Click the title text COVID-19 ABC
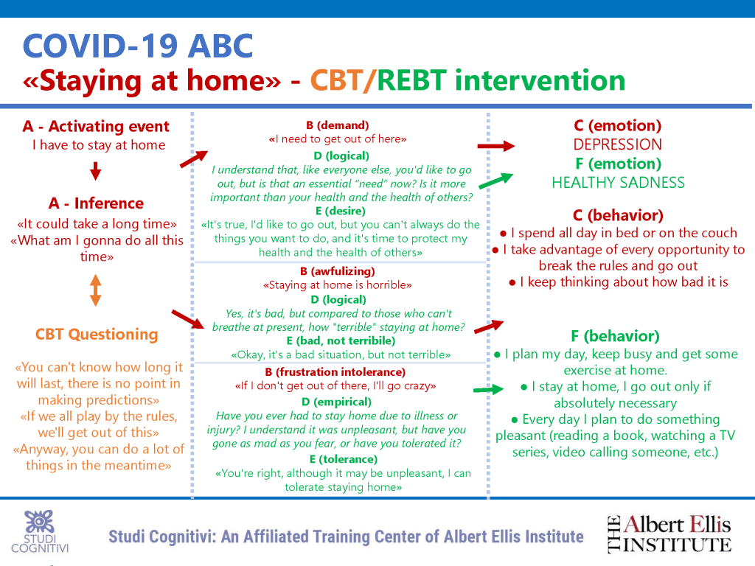coord(138,46)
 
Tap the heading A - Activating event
coord(96,126)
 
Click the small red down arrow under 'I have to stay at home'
coord(96,171)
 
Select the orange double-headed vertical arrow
coord(96,290)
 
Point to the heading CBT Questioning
coord(97,334)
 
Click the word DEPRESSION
coord(617,144)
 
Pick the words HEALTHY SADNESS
coord(619,183)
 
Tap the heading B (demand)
coord(338,125)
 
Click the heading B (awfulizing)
coord(338,271)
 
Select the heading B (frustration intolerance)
coord(335,372)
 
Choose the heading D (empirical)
coord(336,402)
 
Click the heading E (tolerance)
coord(344,459)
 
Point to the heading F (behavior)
coord(616,336)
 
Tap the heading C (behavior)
coord(619,215)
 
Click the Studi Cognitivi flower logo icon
coord(40,522)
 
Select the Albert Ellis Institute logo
coord(669,534)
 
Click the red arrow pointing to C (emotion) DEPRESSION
coord(496,146)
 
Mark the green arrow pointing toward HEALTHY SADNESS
coord(496,181)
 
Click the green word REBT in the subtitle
coord(411,80)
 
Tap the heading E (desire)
coord(341,211)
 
